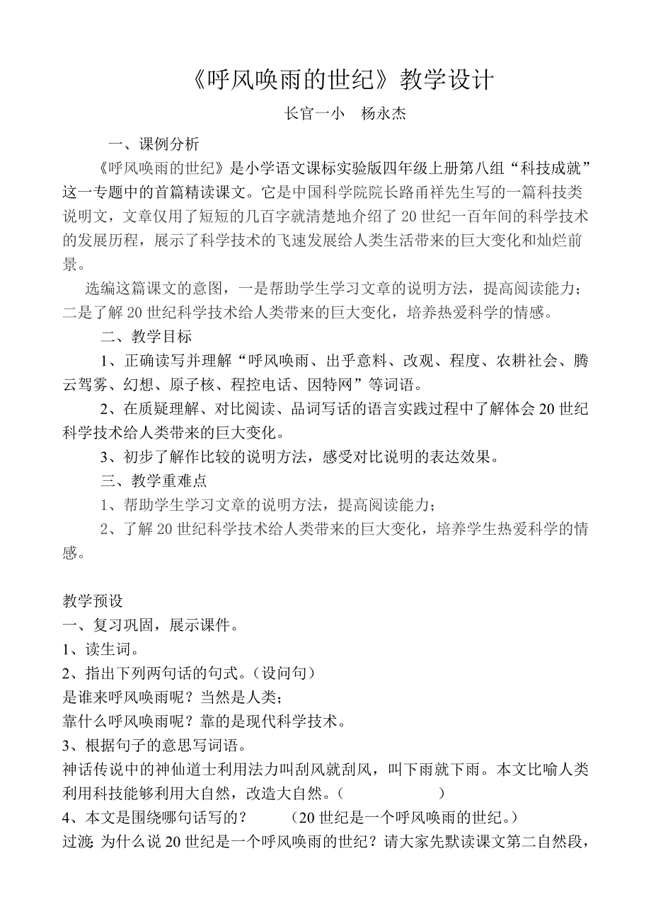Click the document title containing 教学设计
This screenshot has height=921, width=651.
pos(342,80)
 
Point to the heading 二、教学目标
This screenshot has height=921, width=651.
pos(146,336)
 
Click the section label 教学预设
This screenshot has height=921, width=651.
pos(93,601)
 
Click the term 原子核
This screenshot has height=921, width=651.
pos(194,385)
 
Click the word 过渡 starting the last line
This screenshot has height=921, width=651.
pos(77,842)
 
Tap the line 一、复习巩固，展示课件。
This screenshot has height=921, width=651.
pos(150,625)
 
